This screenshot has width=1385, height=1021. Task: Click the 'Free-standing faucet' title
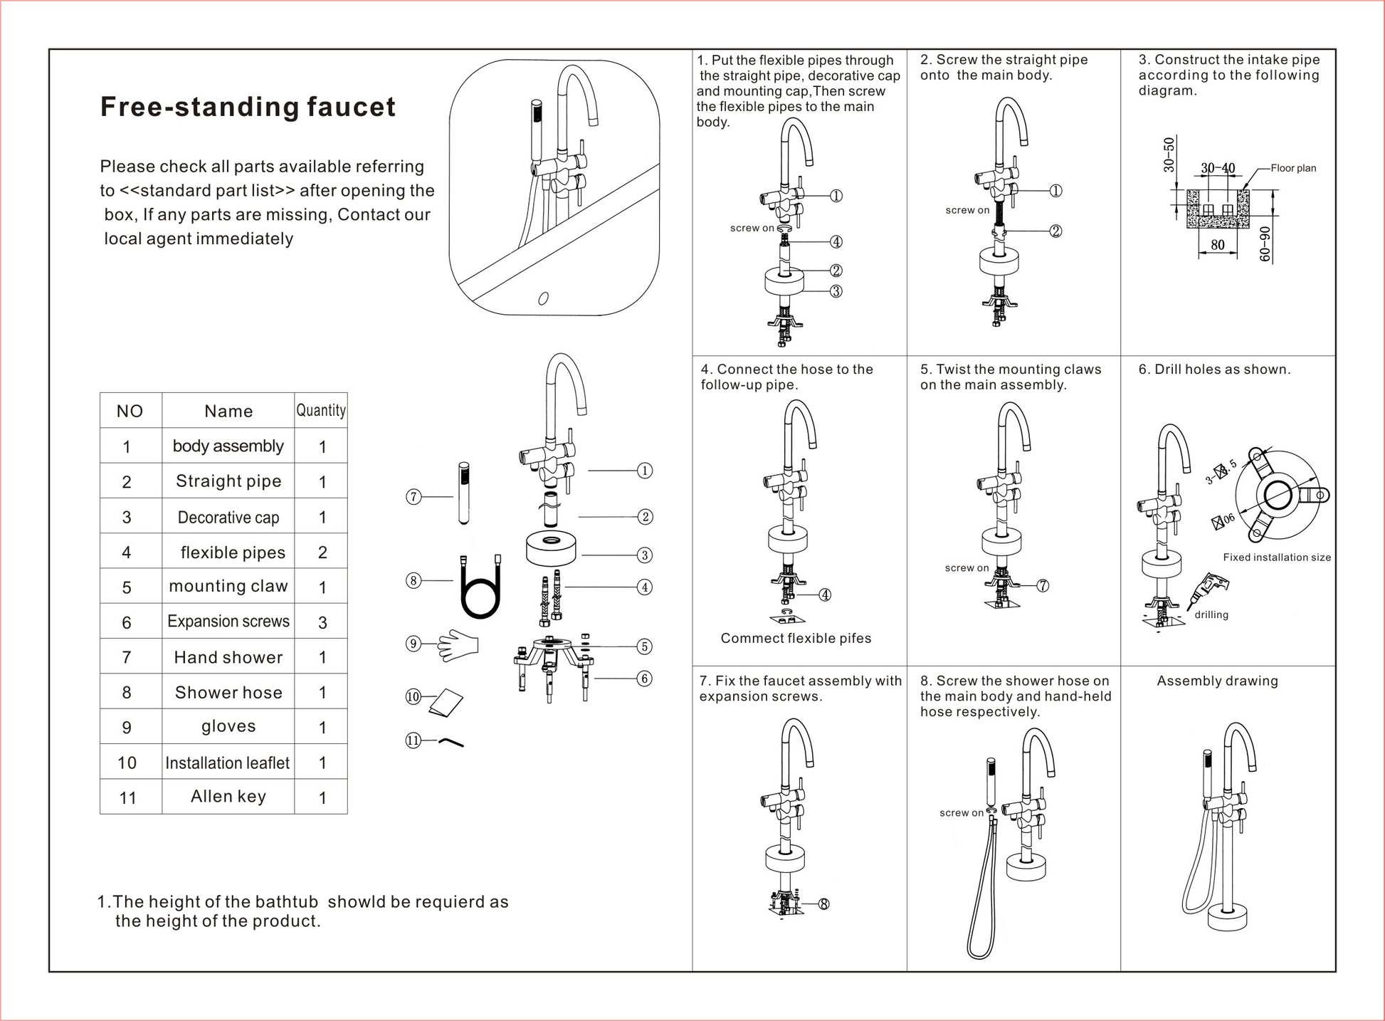248,107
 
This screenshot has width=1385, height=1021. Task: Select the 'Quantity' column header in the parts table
321,410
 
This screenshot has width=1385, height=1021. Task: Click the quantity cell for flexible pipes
322,552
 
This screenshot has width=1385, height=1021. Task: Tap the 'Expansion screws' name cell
228,622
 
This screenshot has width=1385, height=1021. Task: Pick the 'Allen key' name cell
228,796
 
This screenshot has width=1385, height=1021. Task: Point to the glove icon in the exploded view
457,645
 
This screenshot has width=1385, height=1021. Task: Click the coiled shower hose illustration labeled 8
480,588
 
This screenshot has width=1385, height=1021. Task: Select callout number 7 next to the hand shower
414,497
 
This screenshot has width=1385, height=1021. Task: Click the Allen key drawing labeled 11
451,743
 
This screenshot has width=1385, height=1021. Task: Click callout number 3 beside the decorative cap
644,555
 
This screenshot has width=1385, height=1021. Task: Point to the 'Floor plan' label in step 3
1293,168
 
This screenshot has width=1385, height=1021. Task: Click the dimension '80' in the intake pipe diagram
1218,245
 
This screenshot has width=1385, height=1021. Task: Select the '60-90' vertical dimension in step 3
1265,244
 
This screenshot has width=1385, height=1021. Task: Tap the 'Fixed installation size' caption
1277,557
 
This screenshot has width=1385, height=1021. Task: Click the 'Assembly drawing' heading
1217,681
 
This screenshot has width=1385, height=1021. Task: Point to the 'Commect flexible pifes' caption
796,639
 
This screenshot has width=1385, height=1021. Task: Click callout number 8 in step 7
823,904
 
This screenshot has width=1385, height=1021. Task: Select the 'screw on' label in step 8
961,813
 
